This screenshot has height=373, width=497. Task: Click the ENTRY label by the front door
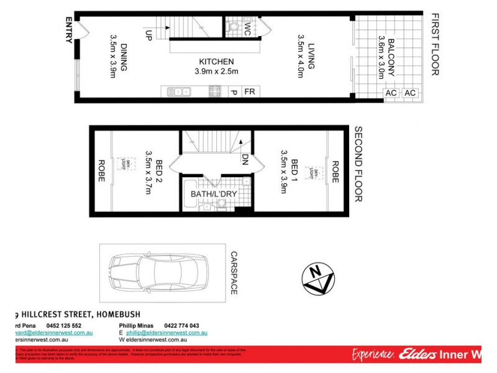coord(69,30)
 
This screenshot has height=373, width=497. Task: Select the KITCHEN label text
coord(216,62)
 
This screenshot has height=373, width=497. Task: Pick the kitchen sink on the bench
coord(179,92)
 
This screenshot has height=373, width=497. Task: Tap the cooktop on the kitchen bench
coord(215,92)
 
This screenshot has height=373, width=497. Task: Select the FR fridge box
coord(250,92)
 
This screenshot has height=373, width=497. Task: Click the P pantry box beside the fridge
coord(234,92)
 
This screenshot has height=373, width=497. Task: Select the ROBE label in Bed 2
coord(101,172)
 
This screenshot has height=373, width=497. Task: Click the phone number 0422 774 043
coord(181,326)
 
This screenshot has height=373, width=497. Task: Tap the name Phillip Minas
coord(139,326)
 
